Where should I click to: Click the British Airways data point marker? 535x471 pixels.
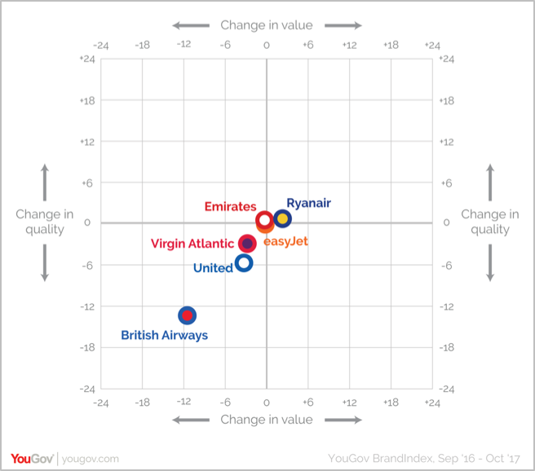(188, 315)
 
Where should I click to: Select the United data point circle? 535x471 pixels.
(243, 262)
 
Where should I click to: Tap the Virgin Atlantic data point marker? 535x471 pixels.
(247, 244)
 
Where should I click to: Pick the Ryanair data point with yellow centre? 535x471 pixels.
(282, 218)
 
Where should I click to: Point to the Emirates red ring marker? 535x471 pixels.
(264, 220)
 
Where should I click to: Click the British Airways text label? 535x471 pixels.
(164, 335)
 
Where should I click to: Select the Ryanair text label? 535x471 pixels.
(308, 203)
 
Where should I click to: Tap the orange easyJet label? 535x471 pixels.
(285, 241)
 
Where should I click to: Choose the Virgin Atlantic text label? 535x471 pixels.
(192, 244)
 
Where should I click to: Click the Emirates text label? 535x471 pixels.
(230, 207)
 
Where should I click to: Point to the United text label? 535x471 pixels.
(213, 268)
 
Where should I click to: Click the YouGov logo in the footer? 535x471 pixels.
(32, 459)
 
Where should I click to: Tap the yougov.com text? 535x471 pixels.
(91, 460)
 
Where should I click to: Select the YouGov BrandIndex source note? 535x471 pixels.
(423, 459)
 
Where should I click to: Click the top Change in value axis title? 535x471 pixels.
(266, 25)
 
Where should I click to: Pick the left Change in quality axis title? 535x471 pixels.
(45, 222)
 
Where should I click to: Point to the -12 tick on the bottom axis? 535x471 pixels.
(183, 403)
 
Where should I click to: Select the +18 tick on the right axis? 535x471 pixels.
(446, 100)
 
